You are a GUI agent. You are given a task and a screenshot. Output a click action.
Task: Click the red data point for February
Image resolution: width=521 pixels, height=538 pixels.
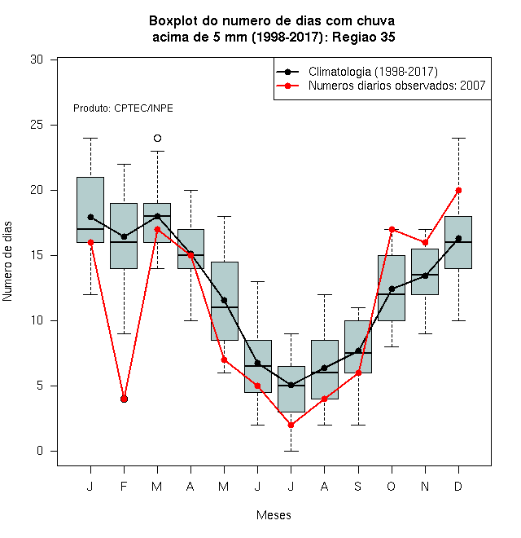124,399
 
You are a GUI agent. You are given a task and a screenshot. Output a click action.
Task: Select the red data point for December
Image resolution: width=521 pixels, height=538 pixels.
458,190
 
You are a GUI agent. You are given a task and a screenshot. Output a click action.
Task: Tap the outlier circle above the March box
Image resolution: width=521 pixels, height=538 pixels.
157,138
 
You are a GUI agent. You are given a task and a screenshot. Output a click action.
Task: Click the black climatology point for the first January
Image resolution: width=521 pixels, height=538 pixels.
90,217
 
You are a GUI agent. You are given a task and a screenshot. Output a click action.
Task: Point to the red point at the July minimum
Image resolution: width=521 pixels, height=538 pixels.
291,425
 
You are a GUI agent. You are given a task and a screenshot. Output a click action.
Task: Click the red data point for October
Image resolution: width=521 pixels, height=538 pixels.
392,229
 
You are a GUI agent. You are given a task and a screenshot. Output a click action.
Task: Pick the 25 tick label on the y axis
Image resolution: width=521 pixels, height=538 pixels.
37,125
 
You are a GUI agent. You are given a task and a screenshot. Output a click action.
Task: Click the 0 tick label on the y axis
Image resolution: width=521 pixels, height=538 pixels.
40,451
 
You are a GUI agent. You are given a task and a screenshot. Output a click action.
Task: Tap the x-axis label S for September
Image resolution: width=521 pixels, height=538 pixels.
358,486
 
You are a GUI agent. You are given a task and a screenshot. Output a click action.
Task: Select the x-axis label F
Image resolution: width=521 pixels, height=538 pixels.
124,486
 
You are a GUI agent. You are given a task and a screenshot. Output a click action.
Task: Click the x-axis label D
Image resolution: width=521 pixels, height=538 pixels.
458,486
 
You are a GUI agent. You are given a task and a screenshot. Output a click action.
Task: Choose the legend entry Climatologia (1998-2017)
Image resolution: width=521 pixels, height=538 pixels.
373,72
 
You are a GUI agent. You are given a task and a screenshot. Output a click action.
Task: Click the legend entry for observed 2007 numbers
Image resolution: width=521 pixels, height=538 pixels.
397,86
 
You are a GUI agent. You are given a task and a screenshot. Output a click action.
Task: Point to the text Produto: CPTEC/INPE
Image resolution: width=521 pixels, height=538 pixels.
123,108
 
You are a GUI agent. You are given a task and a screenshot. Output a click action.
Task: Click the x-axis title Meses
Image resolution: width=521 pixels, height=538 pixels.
274,515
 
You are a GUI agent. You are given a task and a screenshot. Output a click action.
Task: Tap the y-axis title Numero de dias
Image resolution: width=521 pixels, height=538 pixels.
7,262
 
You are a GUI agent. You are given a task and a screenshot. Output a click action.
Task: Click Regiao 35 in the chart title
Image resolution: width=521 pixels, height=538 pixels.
363,37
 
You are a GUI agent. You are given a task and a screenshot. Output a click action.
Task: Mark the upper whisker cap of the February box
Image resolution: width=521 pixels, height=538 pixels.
124,164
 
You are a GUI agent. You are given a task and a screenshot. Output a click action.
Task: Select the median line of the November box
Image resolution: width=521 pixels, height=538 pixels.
425,275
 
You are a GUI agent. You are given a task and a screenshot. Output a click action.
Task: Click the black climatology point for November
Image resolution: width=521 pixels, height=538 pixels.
425,276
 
